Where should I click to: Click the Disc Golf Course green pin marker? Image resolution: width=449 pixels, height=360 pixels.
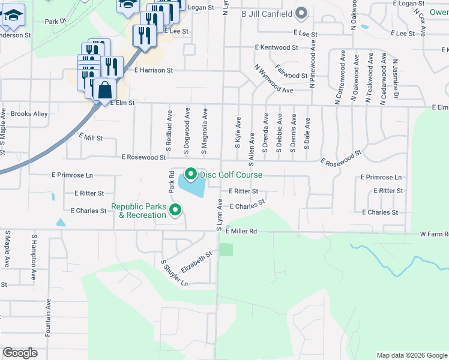[x=191, y=174]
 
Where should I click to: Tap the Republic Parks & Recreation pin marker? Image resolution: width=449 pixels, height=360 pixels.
[x=176, y=209]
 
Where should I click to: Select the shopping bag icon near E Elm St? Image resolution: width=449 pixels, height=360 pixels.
[x=104, y=90]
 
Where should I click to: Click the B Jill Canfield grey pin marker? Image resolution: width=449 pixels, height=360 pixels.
[x=301, y=13]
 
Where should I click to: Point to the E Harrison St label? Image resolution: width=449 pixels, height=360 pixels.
[x=154, y=70]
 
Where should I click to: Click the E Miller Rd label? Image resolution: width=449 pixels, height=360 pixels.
[x=241, y=231]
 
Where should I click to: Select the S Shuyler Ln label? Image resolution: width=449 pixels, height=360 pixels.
[x=175, y=273]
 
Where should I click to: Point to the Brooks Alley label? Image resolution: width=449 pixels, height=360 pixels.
[x=29, y=114]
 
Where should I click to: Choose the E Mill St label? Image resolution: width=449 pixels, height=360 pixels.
[x=91, y=137]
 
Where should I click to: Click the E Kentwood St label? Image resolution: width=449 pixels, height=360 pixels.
[x=276, y=47]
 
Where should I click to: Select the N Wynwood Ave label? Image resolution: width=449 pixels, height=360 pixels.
[x=273, y=79]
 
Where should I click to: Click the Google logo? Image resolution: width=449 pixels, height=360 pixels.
[x=20, y=353]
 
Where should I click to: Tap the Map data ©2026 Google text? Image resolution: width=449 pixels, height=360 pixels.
[x=411, y=355]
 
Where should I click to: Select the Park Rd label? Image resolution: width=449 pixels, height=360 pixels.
[x=171, y=182]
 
